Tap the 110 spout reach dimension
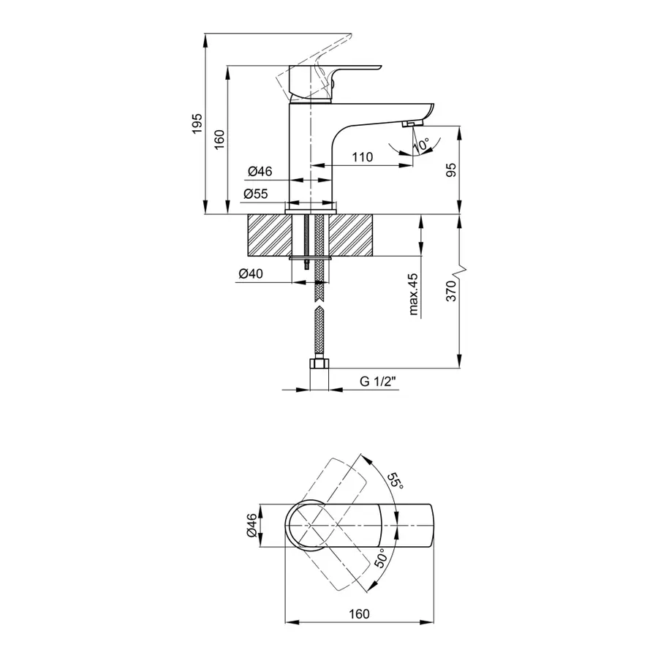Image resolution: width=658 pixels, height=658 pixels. click(x=362, y=156)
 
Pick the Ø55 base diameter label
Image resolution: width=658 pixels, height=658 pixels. click(x=257, y=194)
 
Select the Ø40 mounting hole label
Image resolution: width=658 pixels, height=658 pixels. click(x=251, y=274)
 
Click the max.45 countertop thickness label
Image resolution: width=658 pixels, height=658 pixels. click(x=413, y=294)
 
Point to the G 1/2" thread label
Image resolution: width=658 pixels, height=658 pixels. click(x=377, y=382)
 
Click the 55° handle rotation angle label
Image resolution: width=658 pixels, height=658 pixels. click(x=395, y=481)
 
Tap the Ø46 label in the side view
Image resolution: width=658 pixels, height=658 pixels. click(x=260, y=171)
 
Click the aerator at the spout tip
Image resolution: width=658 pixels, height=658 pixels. click(x=412, y=124)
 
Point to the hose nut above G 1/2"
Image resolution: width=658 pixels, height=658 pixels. click(x=319, y=364)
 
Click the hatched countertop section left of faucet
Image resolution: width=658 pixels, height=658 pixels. click(x=268, y=235)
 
